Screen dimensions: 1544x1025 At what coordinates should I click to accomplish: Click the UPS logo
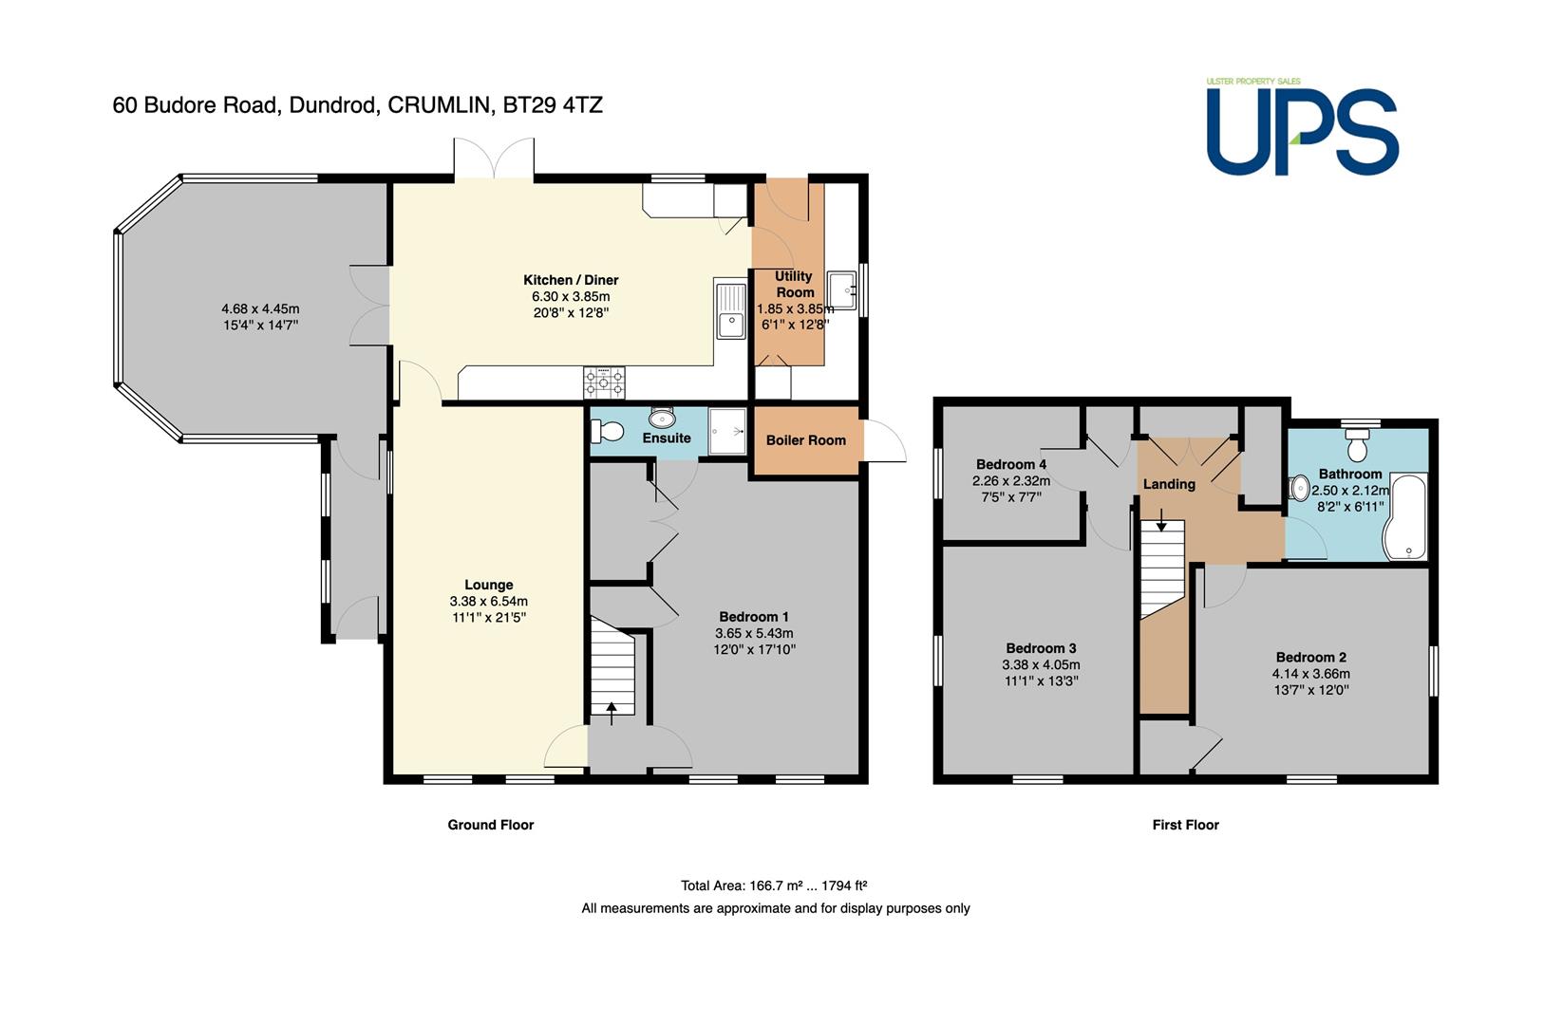click(1302, 126)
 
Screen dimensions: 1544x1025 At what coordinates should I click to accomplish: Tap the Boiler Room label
click(806, 440)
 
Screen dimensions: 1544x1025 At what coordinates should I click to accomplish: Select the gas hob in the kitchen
click(604, 382)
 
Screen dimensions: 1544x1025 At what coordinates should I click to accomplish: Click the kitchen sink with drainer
click(730, 311)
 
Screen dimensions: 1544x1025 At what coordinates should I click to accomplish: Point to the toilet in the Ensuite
click(607, 431)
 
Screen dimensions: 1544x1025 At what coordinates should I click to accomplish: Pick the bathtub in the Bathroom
click(1405, 516)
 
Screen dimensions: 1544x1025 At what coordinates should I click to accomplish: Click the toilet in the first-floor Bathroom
click(1357, 444)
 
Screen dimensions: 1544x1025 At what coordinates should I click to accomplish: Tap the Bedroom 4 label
click(1011, 464)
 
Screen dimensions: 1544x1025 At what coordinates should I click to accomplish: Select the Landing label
click(1169, 484)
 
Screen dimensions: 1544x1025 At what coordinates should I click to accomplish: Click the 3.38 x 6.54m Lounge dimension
click(489, 602)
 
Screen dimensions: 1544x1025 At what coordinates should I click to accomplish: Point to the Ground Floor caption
click(491, 825)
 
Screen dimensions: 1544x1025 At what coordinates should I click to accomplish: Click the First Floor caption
click(1186, 825)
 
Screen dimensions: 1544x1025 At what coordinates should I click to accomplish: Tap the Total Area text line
click(774, 885)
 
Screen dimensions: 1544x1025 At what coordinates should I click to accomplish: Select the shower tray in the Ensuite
click(727, 431)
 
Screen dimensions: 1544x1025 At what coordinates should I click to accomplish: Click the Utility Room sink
click(841, 290)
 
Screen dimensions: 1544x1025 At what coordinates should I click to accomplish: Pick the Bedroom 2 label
click(1311, 657)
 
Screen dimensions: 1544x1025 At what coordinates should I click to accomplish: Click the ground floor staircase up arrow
click(612, 713)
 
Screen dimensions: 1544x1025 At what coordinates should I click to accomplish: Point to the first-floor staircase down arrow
click(1161, 520)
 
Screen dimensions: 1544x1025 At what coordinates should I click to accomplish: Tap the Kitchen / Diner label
click(571, 280)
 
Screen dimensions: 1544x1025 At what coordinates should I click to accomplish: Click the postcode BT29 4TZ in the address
click(553, 104)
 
